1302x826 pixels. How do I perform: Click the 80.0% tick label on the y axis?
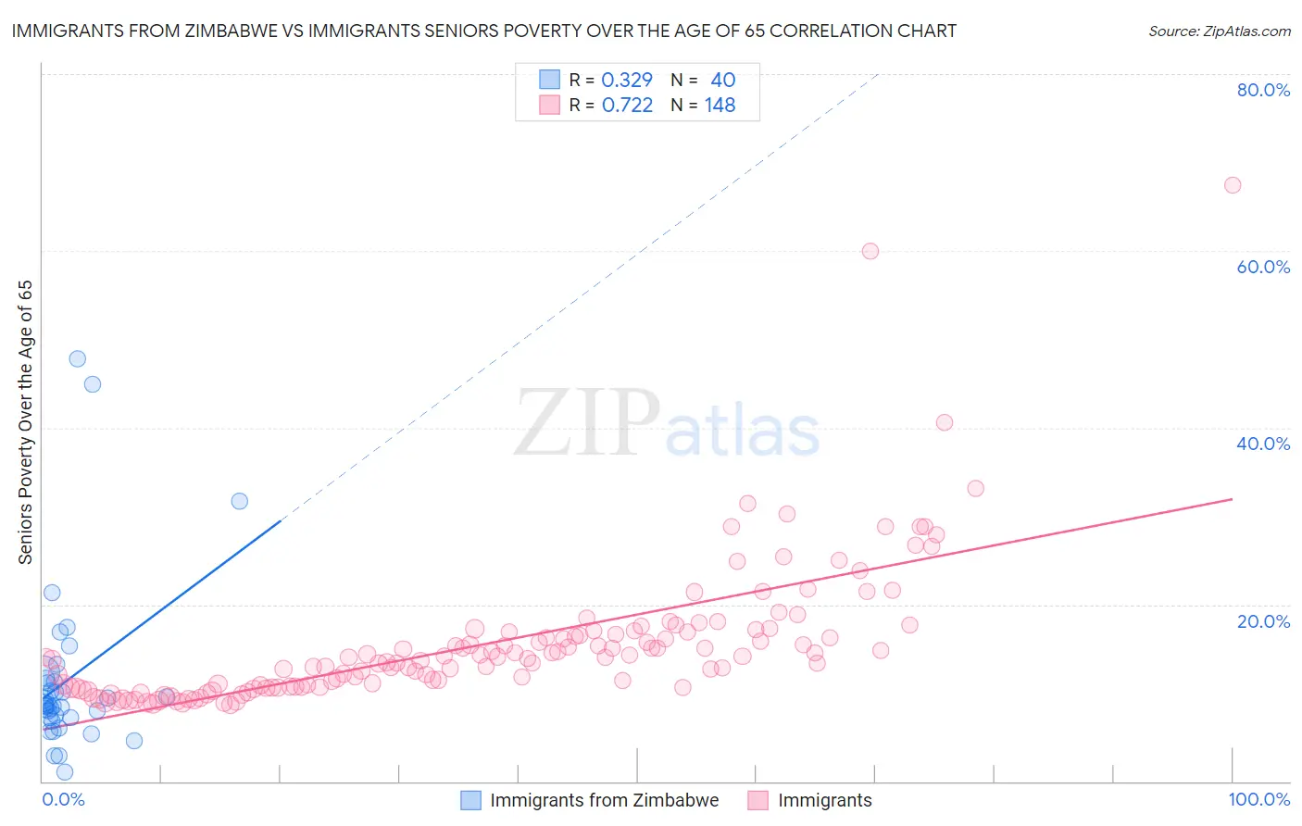click(1263, 90)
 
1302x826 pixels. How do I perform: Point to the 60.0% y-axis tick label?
click(1263, 267)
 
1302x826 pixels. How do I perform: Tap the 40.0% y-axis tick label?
click(1263, 444)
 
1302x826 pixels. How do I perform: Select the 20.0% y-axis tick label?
click(1263, 621)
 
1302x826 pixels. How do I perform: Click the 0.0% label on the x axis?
click(63, 799)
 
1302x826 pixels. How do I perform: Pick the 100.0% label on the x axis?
click(1258, 799)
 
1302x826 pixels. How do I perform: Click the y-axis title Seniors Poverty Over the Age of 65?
click(25, 422)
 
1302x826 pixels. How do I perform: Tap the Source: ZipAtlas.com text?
click(1219, 31)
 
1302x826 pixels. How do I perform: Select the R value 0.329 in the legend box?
click(627, 81)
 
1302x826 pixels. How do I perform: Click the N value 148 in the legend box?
click(720, 106)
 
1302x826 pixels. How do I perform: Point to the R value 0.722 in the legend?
click(627, 106)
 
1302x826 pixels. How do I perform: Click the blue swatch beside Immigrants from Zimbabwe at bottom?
click(471, 800)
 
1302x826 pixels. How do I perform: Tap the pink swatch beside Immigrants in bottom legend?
click(758, 800)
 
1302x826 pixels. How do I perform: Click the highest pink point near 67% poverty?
click(1232, 185)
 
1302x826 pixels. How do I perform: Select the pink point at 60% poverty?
click(870, 251)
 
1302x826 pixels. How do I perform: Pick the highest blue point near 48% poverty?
click(78, 358)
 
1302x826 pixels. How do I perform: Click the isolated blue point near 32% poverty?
click(239, 501)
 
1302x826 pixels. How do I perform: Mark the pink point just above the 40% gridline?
click(944, 422)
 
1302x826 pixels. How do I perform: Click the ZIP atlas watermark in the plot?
click(667, 423)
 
